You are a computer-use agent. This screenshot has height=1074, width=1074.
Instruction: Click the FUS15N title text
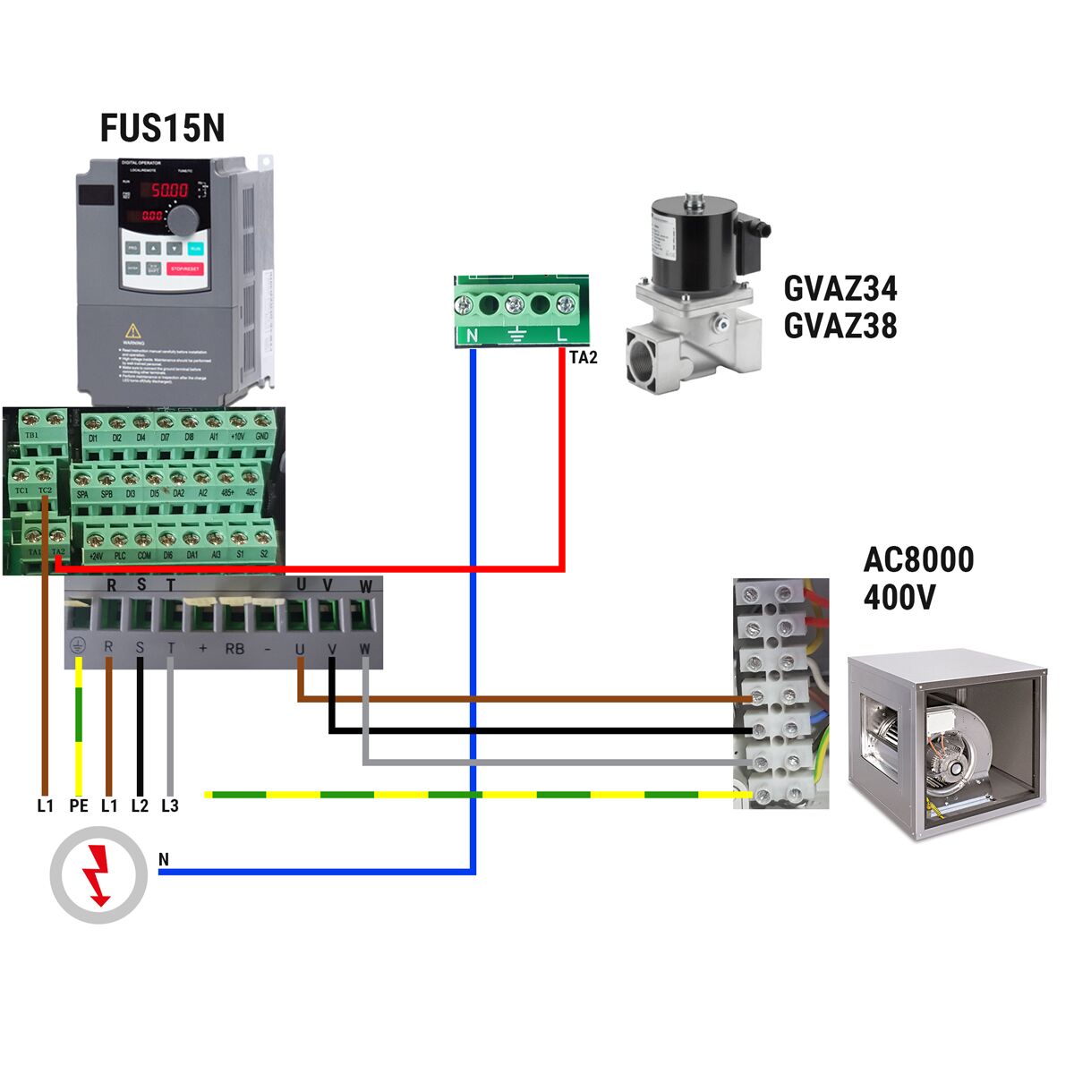point(162,128)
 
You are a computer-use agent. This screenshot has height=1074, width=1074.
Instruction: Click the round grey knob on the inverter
point(184,218)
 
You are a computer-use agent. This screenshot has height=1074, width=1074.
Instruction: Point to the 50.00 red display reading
point(168,190)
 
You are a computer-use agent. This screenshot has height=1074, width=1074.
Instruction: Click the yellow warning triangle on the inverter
point(133,330)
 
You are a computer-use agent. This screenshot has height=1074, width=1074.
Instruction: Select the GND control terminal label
point(261,437)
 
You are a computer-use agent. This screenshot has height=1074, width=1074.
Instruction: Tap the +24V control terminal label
point(95,556)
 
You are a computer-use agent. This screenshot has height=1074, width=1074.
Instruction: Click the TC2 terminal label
point(46,490)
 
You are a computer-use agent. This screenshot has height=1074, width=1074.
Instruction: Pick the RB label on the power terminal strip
point(234,648)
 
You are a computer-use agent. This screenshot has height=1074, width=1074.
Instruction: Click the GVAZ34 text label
point(840,289)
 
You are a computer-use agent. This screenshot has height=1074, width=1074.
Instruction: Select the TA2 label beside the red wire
point(583,358)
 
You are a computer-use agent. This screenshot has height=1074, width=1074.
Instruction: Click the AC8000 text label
point(917,560)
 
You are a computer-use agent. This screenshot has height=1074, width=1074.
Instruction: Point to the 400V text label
point(899,597)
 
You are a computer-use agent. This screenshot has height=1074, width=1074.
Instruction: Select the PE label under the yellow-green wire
point(79,805)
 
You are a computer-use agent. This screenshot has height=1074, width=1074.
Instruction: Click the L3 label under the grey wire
point(170,805)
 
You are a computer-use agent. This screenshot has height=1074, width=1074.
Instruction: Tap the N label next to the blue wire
point(163,859)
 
